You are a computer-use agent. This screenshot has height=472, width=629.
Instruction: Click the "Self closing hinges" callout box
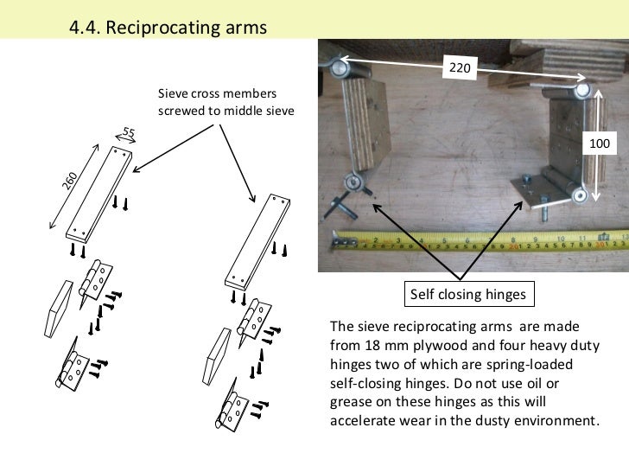click(x=467, y=295)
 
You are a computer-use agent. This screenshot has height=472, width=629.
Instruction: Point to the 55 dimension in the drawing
click(x=129, y=131)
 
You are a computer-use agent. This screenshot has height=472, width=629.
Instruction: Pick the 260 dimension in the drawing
click(x=71, y=181)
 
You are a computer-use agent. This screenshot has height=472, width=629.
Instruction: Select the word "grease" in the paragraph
click(x=350, y=405)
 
